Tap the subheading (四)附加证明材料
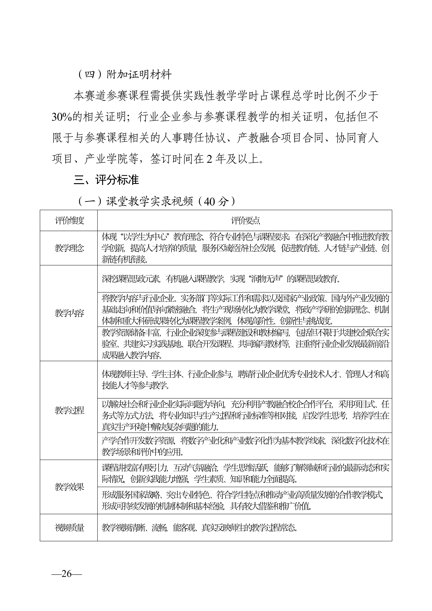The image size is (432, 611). pos(124,75)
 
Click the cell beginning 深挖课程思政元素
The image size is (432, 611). pos(221,279)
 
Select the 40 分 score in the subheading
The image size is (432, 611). pos(216,202)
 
